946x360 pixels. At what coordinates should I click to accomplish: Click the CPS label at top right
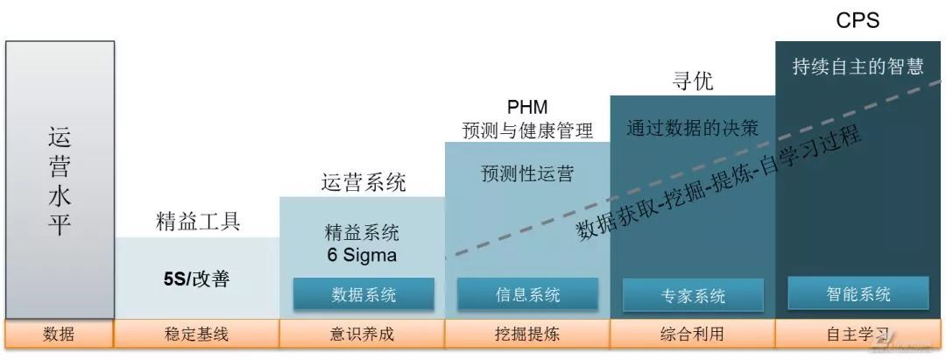tap(858, 21)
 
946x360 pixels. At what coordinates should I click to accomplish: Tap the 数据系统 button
tap(364, 295)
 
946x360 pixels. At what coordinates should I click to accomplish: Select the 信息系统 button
tap(527, 295)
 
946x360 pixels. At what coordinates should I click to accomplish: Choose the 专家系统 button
tap(693, 296)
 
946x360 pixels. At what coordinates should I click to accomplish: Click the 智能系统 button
tap(858, 293)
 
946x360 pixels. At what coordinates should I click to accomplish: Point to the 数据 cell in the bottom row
tap(60, 334)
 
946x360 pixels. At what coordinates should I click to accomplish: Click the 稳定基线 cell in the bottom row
tap(197, 334)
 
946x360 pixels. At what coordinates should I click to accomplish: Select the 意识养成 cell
tap(363, 334)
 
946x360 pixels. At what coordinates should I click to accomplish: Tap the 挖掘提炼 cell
tap(527, 334)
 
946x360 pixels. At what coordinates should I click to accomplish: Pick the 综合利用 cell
tap(693, 334)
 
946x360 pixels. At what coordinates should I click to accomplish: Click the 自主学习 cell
tap(858, 334)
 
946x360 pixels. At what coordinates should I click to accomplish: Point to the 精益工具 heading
tap(197, 222)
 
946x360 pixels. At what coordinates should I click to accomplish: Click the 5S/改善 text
tap(196, 279)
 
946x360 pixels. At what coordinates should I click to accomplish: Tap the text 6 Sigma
tap(363, 256)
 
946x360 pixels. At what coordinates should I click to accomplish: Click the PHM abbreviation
tap(527, 108)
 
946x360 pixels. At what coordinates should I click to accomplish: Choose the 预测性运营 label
tap(527, 173)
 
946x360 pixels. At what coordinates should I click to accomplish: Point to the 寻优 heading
tap(692, 81)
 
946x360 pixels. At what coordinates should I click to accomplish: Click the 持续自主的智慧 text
tap(858, 67)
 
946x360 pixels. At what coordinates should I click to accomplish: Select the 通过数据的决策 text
tap(692, 128)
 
